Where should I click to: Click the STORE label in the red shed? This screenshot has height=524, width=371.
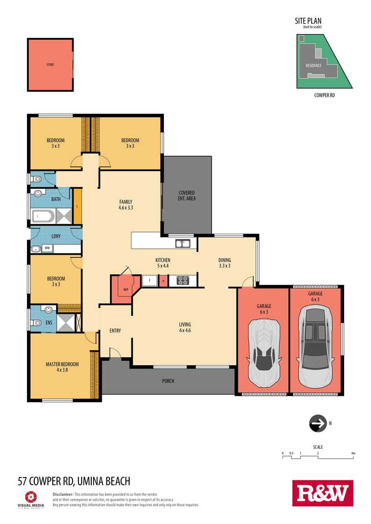click(x=50, y=65)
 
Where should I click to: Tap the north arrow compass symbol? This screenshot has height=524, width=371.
click(x=318, y=423)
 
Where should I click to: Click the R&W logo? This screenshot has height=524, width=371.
click(x=323, y=493)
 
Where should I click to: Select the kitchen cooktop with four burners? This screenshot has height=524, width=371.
click(x=183, y=280)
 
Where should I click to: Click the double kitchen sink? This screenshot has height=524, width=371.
click(x=183, y=243)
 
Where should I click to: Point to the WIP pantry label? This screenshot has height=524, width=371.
click(x=126, y=289)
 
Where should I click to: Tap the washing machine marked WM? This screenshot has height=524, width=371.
click(x=47, y=248)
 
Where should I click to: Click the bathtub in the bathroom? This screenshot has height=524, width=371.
click(x=42, y=216)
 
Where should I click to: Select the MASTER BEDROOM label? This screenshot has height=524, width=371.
click(x=62, y=364)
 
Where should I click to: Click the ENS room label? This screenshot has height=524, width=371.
click(x=49, y=323)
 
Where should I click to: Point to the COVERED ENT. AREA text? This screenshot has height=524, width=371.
click(x=187, y=195)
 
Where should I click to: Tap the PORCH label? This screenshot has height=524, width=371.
click(x=168, y=380)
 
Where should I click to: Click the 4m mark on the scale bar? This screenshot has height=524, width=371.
click(x=353, y=453)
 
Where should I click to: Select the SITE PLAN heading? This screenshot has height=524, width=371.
click(x=308, y=21)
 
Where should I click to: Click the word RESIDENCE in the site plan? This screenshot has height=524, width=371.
click(x=314, y=66)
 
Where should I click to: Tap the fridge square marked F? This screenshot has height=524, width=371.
click(x=150, y=281)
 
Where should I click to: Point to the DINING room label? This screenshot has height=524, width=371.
click(x=225, y=260)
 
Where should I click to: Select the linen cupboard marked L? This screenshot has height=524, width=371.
click(x=78, y=206)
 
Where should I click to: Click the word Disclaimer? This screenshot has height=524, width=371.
click(x=63, y=494)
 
